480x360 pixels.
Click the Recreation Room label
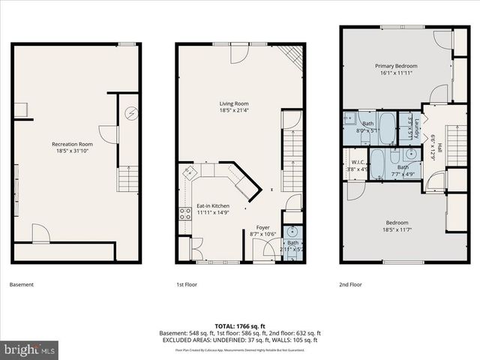(72, 144)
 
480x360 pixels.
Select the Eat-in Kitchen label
(213, 205)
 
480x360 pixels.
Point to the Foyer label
(262, 227)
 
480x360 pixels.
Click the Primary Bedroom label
(396, 66)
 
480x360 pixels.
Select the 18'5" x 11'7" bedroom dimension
(397, 230)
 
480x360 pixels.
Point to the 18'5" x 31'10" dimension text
(72, 151)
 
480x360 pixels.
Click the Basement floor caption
(21, 285)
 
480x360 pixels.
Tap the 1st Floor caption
(187, 285)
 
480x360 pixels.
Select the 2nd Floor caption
(351, 285)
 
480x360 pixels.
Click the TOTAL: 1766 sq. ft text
(239, 325)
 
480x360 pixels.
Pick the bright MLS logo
(30, 349)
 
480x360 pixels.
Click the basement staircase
(128, 178)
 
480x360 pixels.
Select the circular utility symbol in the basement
(130, 113)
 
